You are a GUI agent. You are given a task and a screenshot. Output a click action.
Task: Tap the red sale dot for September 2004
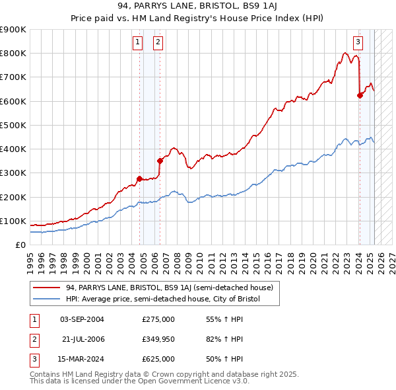point(139,178)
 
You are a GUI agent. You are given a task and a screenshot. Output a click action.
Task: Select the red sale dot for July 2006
point(160,161)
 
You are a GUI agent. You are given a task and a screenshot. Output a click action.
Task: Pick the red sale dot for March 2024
point(360,95)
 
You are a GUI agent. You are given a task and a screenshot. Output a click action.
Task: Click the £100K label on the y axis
point(13,221)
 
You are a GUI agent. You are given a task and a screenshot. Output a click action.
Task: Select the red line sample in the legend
point(47,288)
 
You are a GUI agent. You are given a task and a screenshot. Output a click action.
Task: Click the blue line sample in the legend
point(47,299)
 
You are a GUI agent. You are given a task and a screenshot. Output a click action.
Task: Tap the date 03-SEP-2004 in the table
point(82,319)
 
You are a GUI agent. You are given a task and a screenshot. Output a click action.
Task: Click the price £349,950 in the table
point(158,339)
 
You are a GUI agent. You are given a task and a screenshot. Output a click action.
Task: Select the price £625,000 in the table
point(158,359)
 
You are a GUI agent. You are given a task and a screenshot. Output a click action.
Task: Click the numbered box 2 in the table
point(34,339)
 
